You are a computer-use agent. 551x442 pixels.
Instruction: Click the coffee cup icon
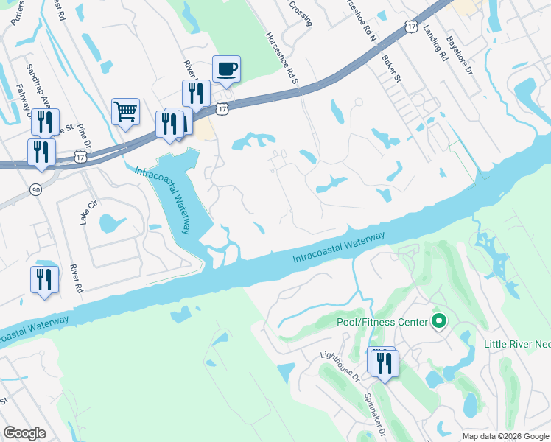pos(226,69)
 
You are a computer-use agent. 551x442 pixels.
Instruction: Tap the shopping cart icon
pos(125,113)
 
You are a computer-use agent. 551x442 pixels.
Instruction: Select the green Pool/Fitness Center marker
pos(439,321)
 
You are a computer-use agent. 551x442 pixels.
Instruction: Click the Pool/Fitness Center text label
pos(382,322)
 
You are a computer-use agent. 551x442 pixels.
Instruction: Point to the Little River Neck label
pos(517,344)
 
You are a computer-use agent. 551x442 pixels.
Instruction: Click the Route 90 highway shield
pos(35,190)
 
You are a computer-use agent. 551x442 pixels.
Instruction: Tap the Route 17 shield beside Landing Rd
pos(411,26)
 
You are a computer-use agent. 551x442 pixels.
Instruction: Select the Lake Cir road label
pos(88,213)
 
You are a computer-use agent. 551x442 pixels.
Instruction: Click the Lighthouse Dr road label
pos(339,365)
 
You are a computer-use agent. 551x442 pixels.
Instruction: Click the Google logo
pos(24,432)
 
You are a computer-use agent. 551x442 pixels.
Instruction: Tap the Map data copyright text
pos(505,436)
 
